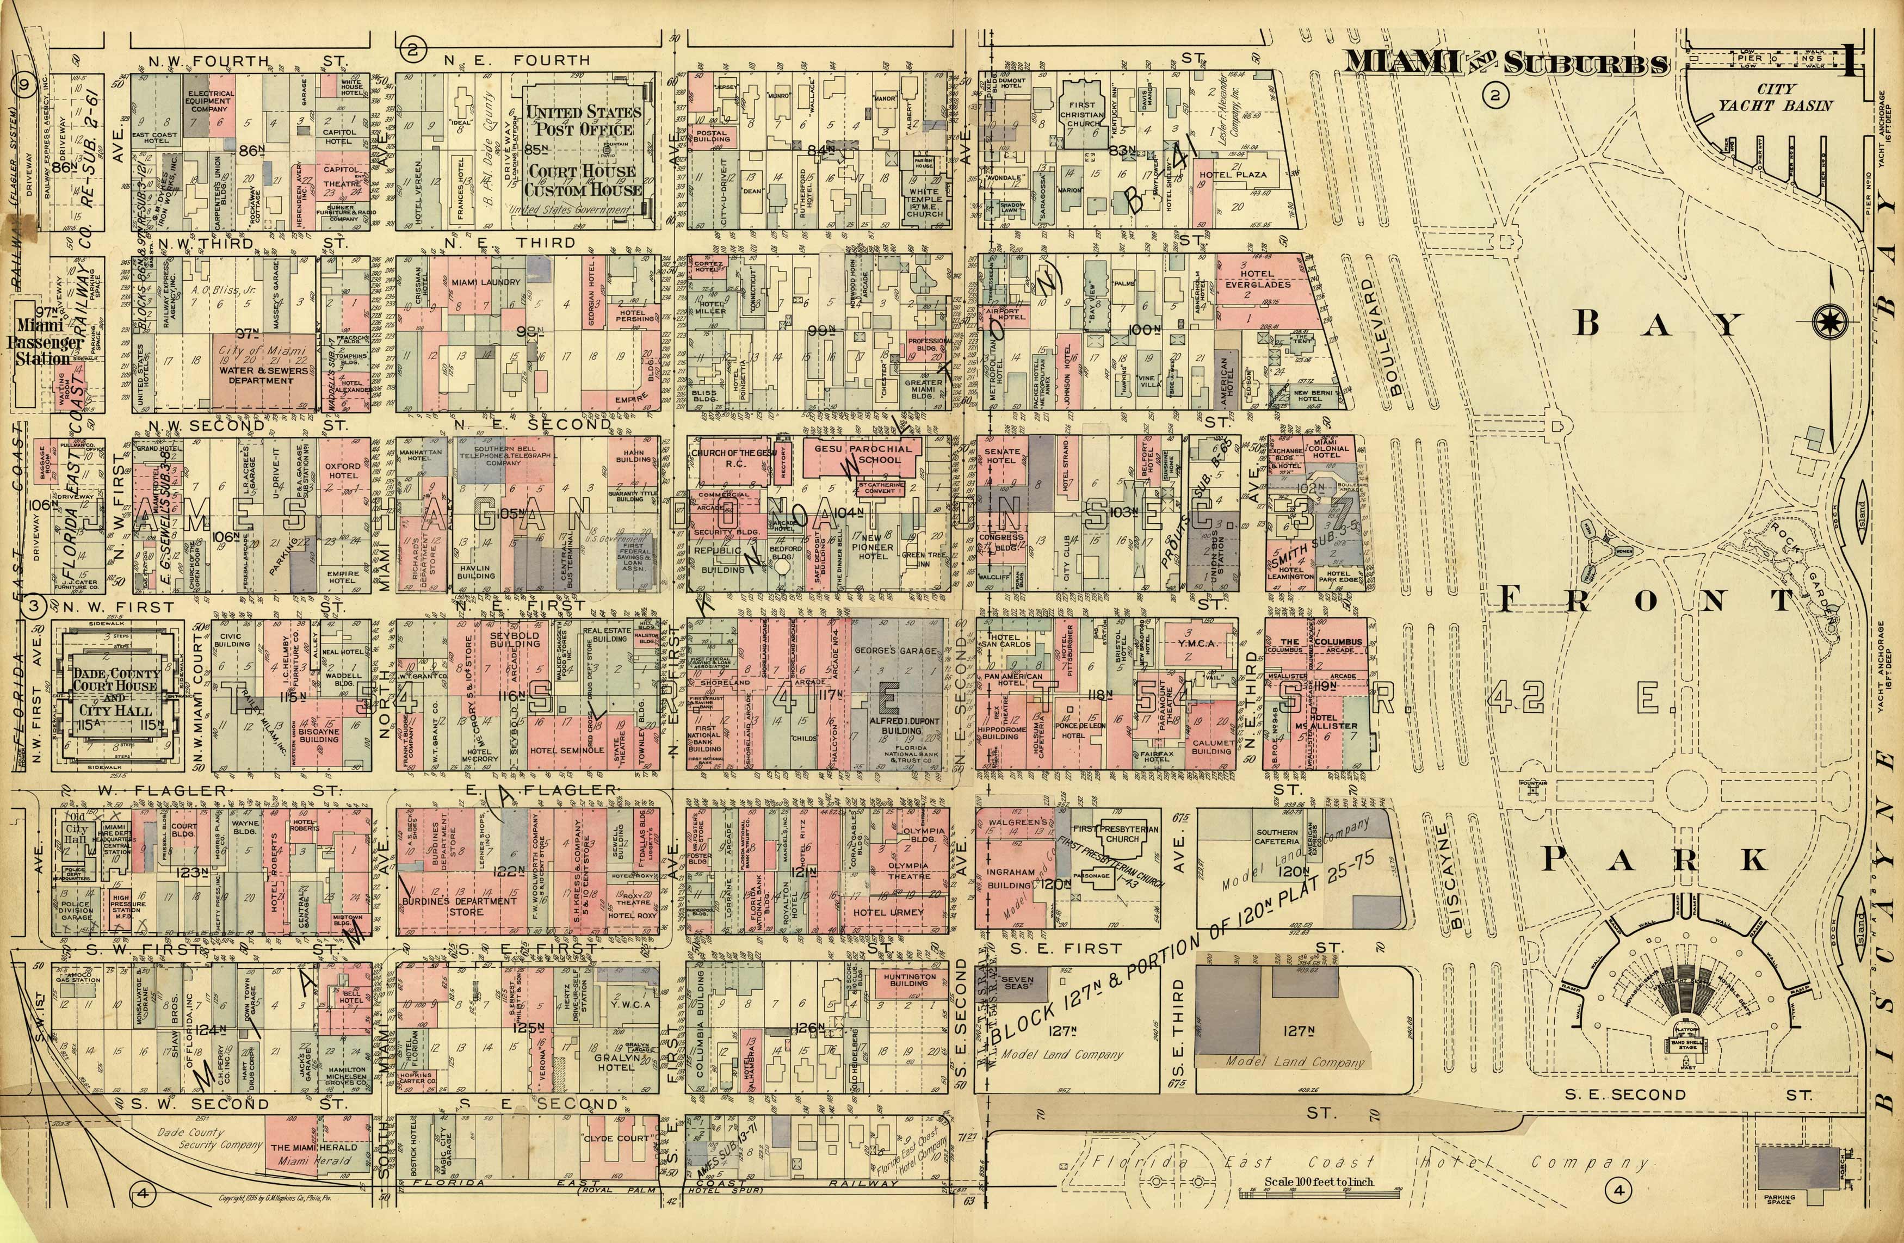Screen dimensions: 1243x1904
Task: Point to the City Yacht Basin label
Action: pos(1775,97)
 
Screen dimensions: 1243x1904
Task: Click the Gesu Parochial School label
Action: pos(862,454)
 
